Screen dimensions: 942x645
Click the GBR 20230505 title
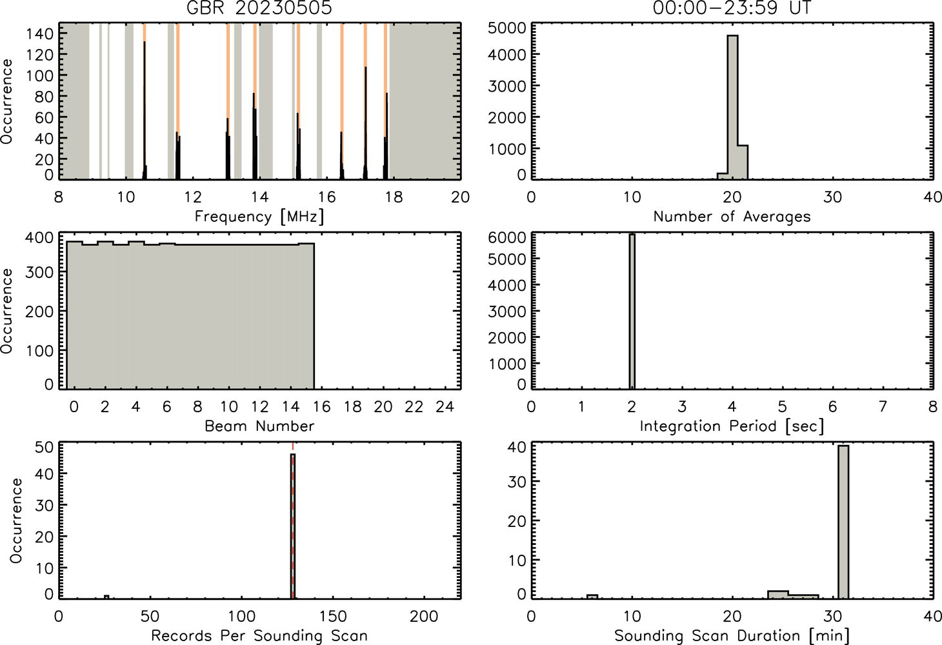[x=259, y=8]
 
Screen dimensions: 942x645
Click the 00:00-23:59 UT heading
[x=732, y=8]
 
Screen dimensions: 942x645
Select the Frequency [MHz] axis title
[x=259, y=217]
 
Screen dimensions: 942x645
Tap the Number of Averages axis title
[x=732, y=216]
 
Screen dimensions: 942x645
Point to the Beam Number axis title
[x=259, y=426]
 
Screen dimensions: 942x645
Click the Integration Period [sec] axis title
[x=732, y=426]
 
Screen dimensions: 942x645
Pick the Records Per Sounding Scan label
[x=259, y=635]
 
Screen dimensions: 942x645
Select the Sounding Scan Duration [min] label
[x=732, y=636]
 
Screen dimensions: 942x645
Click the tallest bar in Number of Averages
[x=732, y=107]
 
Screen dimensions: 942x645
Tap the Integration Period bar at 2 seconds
[x=632, y=312]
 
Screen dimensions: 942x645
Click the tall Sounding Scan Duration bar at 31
[x=843, y=522]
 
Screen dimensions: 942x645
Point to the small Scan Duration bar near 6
[x=592, y=597]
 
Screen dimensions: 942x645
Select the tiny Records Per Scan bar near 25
[x=107, y=597]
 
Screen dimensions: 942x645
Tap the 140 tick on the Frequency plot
[x=40, y=33]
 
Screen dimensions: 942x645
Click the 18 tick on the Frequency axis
[x=394, y=197]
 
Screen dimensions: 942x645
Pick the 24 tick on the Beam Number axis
[x=445, y=406]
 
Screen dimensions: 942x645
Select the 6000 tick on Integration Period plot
[x=506, y=237]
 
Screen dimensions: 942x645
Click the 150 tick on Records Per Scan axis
[x=333, y=616]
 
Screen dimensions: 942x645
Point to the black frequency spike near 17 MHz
[x=365, y=123]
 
